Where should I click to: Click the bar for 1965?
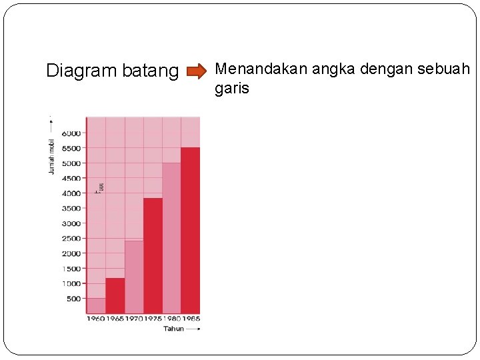pos(115,295)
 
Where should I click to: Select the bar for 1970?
pos(134,277)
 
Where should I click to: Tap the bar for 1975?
pos(153,255)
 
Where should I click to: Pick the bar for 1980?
pos(171,238)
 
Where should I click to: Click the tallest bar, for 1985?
pos(190,230)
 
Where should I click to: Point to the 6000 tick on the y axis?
pos(71,133)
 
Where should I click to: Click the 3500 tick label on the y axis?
pos(71,209)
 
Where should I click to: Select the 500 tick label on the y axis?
pos(73,299)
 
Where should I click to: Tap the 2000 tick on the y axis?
pos(71,254)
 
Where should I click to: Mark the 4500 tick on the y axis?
pos(71,179)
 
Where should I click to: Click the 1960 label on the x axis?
pos(96,319)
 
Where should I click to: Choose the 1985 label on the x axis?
pos(191,319)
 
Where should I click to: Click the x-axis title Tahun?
pos(173,329)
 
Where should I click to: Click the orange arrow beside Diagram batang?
pos(197,71)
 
